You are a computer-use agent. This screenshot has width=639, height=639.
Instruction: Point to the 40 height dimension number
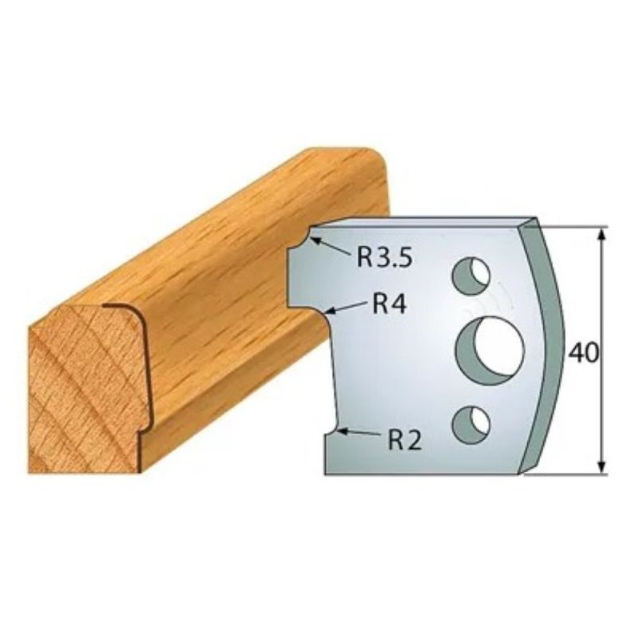(584, 353)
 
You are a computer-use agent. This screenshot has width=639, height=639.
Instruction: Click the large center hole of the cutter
(489, 350)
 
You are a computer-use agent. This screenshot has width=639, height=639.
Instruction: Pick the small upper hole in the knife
(470, 276)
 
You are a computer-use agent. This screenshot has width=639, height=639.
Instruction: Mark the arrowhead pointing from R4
(331, 312)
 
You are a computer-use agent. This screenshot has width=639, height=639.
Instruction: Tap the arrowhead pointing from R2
(343, 431)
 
